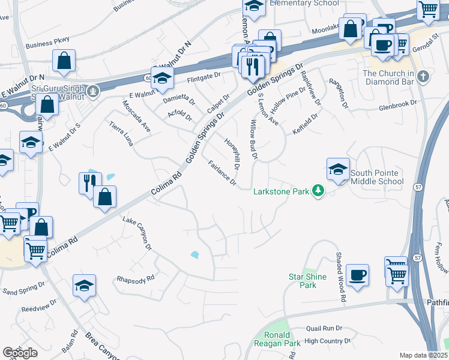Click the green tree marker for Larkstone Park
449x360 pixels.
click(319, 191)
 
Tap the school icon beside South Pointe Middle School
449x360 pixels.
click(338, 169)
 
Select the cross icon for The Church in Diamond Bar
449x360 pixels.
click(424, 76)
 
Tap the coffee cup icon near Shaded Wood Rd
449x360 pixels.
click(357, 275)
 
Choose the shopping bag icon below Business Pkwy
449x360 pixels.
click(63, 61)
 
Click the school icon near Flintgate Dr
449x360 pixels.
click(161, 78)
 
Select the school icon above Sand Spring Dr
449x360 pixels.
click(84, 285)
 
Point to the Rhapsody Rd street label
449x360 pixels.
click(136, 278)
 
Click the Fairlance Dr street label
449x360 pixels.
click(222, 173)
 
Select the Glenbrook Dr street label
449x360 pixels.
click(397, 104)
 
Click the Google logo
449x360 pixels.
click(20, 353)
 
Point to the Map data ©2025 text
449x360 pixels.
click(424, 355)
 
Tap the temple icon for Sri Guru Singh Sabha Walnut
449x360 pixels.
click(92, 91)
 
